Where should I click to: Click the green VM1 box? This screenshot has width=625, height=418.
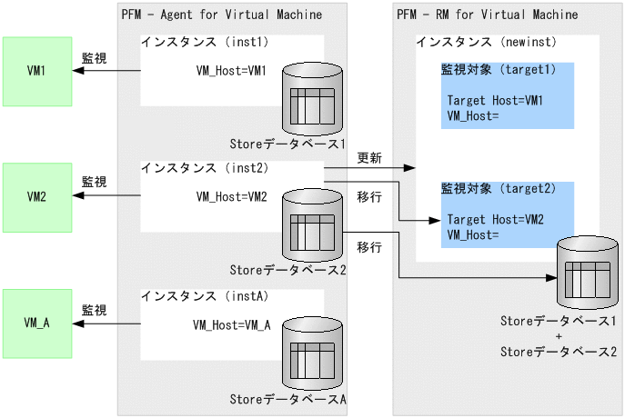click(x=37, y=71)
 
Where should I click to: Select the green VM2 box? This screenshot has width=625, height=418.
click(x=37, y=196)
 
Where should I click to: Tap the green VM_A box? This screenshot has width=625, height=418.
click(x=37, y=323)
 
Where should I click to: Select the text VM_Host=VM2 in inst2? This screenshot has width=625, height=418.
click(x=231, y=196)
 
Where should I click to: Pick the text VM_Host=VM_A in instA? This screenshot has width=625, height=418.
click(x=231, y=323)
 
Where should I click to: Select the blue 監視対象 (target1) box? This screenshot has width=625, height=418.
click(x=508, y=95)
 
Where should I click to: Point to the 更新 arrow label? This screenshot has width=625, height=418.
click(x=368, y=157)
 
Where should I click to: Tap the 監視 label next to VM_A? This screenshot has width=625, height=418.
click(x=94, y=309)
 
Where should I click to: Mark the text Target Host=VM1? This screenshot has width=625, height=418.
click(x=495, y=100)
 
